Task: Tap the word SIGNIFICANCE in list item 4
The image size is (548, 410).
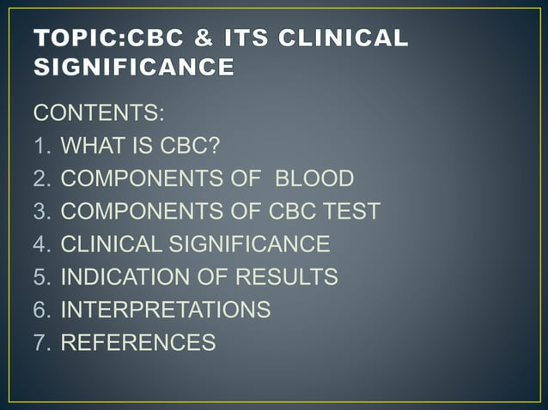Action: click(x=248, y=244)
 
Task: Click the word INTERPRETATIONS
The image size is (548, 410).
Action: click(x=165, y=310)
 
